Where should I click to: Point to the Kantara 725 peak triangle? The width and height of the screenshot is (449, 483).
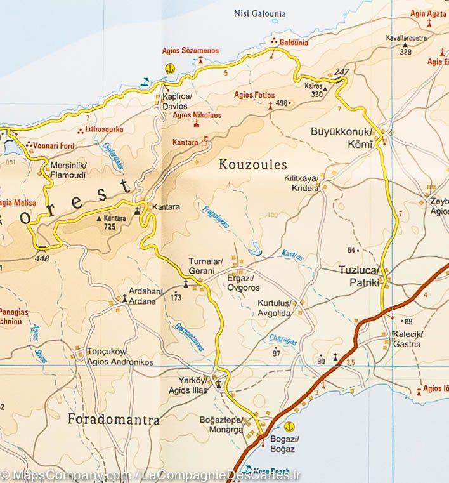click(x=99, y=218)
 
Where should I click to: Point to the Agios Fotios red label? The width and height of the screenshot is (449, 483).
click(x=254, y=95)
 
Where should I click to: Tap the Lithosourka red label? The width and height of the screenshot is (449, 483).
click(x=104, y=129)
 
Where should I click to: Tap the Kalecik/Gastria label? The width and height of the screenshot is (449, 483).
click(x=406, y=340)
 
